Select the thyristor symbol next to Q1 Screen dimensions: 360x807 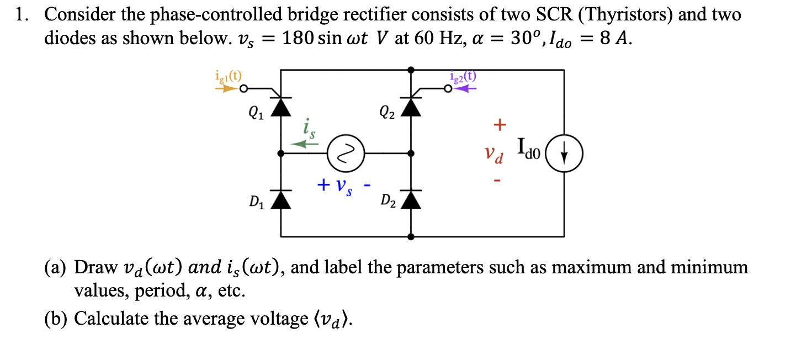coord(283,107)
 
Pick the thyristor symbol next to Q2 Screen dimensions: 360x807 coord(411,107)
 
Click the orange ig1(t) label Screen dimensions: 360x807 coord(227,77)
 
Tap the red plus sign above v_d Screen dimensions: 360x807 coord(499,125)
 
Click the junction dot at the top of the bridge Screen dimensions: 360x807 coord(411,70)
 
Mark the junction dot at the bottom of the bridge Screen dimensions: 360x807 coord(411,237)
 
